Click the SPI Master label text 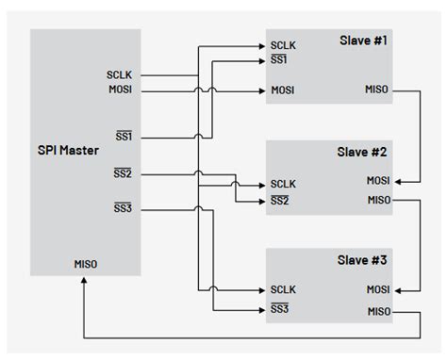point(68,152)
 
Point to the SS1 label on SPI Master point(124,137)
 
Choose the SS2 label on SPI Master point(124,173)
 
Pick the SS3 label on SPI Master point(124,207)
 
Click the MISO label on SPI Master point(86,264)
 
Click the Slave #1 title point(362,41)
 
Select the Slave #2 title point(362,152)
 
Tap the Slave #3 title point(362,259)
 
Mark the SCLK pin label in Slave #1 point(284,44)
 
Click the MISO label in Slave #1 point(377,90)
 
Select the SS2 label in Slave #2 point(281,200)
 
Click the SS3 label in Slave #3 point(281,308)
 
